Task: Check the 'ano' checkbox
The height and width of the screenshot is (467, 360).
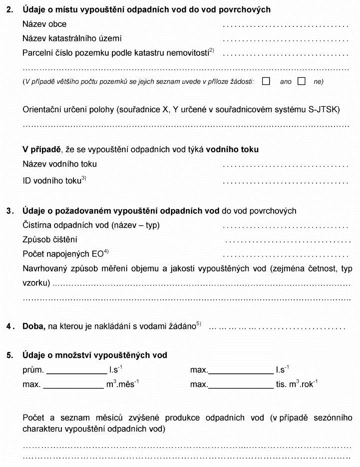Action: [266, 81]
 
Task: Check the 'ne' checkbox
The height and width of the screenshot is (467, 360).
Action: [301, 81]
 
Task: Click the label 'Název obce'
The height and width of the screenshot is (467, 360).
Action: [44, 24]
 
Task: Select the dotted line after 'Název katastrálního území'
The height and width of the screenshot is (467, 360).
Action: [285, 39]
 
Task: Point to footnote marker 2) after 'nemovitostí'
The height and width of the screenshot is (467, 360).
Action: [211, 50]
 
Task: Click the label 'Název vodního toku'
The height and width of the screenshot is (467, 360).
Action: [60, 164]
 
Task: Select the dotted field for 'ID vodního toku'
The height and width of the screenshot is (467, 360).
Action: [285, 182]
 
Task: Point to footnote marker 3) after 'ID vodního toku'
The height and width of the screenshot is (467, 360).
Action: [84, 178]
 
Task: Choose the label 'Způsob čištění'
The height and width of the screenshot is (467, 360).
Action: [50, 240]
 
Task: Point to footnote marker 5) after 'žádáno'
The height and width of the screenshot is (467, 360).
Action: [199, 324]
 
